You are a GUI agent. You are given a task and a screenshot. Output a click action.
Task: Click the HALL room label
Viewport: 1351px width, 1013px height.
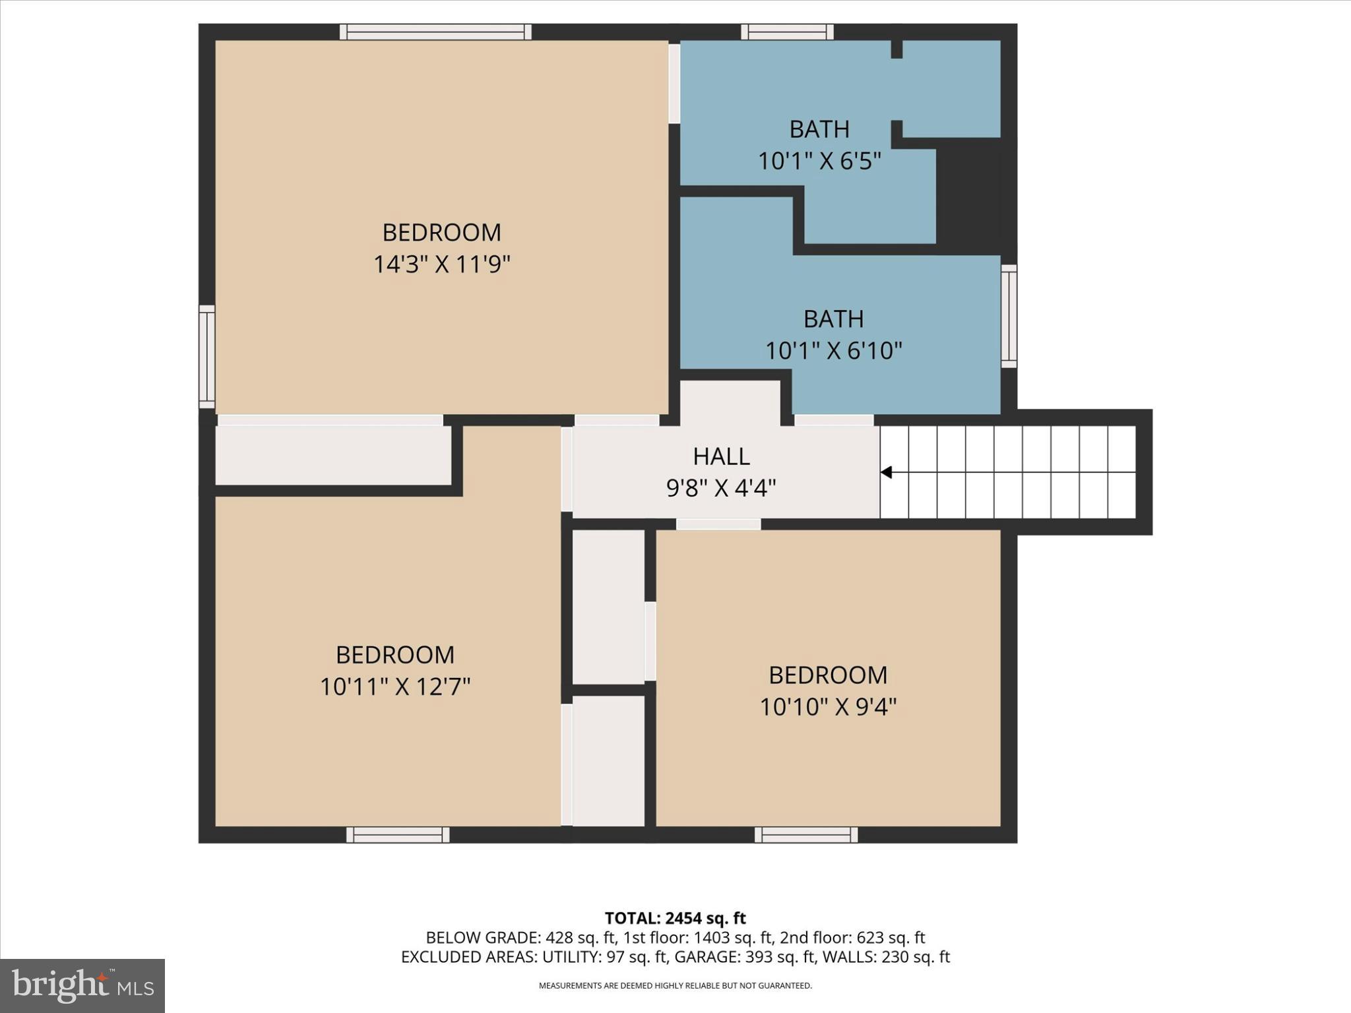[x=721, y=456]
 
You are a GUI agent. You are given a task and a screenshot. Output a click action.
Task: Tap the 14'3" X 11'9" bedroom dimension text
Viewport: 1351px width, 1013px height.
[x=442, y=264]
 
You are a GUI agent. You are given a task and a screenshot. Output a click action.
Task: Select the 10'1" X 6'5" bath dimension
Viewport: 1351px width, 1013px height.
[x=819, y=160]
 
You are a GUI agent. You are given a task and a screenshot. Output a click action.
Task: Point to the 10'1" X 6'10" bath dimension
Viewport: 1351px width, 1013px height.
[x=833, y=350]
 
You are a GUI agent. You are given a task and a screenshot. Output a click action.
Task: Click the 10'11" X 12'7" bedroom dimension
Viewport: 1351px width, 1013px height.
[x=394, y=687]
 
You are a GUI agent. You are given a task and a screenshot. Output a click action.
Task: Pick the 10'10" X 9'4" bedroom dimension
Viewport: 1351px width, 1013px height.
[x=828, y=707]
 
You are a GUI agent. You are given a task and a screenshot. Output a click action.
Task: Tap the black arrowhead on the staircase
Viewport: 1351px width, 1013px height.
[x=887, y=472]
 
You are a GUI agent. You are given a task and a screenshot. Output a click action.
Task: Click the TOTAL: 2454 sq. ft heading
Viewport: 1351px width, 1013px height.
[x=675, y=918]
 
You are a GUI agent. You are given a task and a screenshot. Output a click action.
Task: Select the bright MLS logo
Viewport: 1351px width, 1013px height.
[x=82, y=985]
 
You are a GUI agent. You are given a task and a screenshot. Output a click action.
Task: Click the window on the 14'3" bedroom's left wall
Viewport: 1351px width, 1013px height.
[x=207, y=356]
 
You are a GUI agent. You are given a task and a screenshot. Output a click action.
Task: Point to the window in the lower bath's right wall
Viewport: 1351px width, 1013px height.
[x=1009, y=316]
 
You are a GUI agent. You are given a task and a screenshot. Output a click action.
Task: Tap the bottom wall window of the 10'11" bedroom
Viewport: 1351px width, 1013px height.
[x=398, y=835]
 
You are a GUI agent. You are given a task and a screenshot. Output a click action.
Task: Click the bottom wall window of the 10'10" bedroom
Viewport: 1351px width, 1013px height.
[x=806, y=835]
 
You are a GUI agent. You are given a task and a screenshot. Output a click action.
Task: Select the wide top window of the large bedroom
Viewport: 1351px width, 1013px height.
[x=435, y=32]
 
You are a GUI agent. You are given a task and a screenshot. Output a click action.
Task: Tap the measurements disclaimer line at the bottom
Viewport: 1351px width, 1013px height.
[x=675, y=986]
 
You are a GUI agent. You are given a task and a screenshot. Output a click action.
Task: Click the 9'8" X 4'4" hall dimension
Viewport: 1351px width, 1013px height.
[x=721, y=488]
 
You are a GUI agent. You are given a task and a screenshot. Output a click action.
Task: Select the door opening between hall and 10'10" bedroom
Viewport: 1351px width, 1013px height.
[x=718, y=524]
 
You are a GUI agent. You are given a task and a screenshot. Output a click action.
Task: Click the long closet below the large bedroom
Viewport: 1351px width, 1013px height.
[x=333, y=455]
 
